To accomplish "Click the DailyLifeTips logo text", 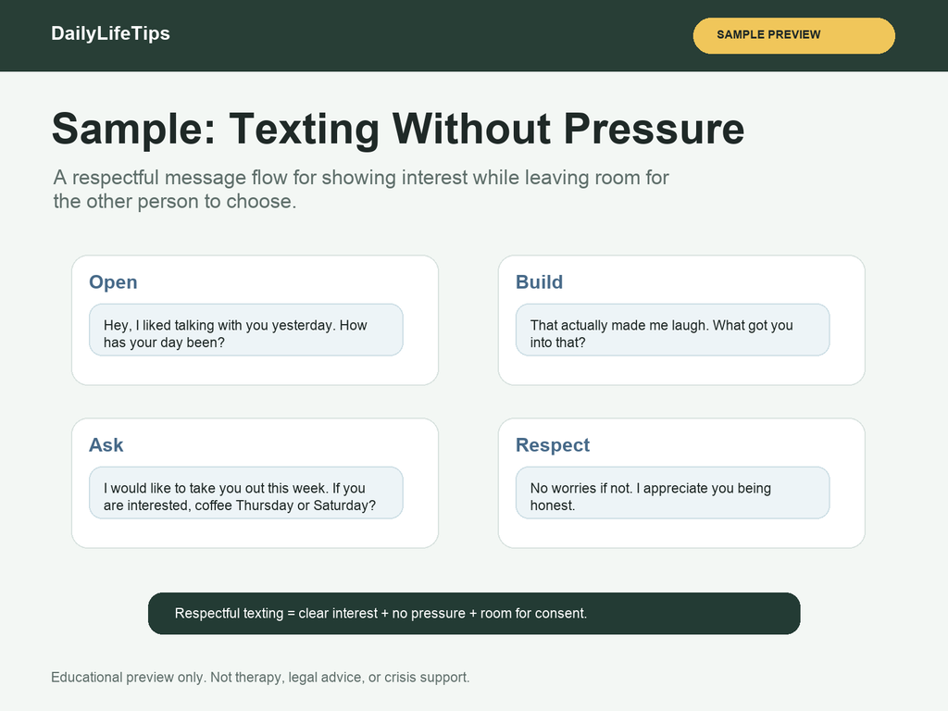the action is coord(111,33).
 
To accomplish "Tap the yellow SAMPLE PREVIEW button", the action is coord(793,36).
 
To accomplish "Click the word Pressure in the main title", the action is coord(655,129).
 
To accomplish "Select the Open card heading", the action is coord(113,282).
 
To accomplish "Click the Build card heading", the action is coord(540,281).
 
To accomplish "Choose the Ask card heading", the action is coord(106,445).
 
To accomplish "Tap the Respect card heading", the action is coord(553,445).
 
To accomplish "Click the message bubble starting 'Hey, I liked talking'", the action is coord(246,331).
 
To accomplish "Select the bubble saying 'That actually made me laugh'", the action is coord(672,331).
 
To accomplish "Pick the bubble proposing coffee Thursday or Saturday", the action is coord(246,493).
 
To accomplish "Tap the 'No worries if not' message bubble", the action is coord(672,493).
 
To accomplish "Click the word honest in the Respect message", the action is coord(553,505).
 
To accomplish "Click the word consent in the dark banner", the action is coord(564,614).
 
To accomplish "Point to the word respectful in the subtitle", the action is coord(115,179).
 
